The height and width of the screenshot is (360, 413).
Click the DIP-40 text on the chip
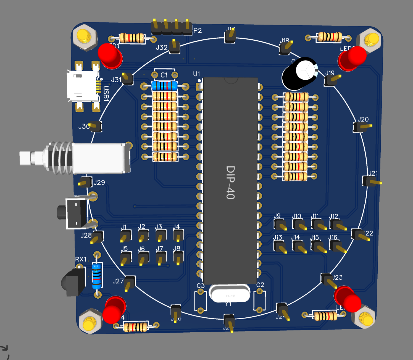(x=230, y=182)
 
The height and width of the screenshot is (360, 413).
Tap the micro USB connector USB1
(x=83, y=86)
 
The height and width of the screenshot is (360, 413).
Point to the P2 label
(x=198, y=30)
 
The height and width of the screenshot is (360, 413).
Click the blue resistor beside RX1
(x=97, y=276)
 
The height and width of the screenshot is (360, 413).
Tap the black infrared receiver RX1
(x=73, y=282)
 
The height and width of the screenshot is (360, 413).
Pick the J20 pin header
(x=360, y=127)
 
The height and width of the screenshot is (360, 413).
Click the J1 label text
(x=123, y=227)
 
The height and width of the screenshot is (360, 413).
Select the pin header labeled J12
(x=336, y=225)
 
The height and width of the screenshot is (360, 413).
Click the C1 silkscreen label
(x=164, y=75)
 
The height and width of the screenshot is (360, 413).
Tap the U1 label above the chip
(x=196, y=74)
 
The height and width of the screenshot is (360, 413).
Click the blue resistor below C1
(x=165, y=86)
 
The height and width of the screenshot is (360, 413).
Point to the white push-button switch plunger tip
(x=25, y=158)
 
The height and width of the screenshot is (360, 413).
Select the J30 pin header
(x=96, y=126)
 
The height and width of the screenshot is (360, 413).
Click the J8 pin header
(x=178, y=258)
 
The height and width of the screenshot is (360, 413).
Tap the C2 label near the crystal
(x=260, y=285)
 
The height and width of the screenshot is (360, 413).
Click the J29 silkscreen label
(x=99, y=182)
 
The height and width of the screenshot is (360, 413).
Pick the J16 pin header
(x=336, y=246)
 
